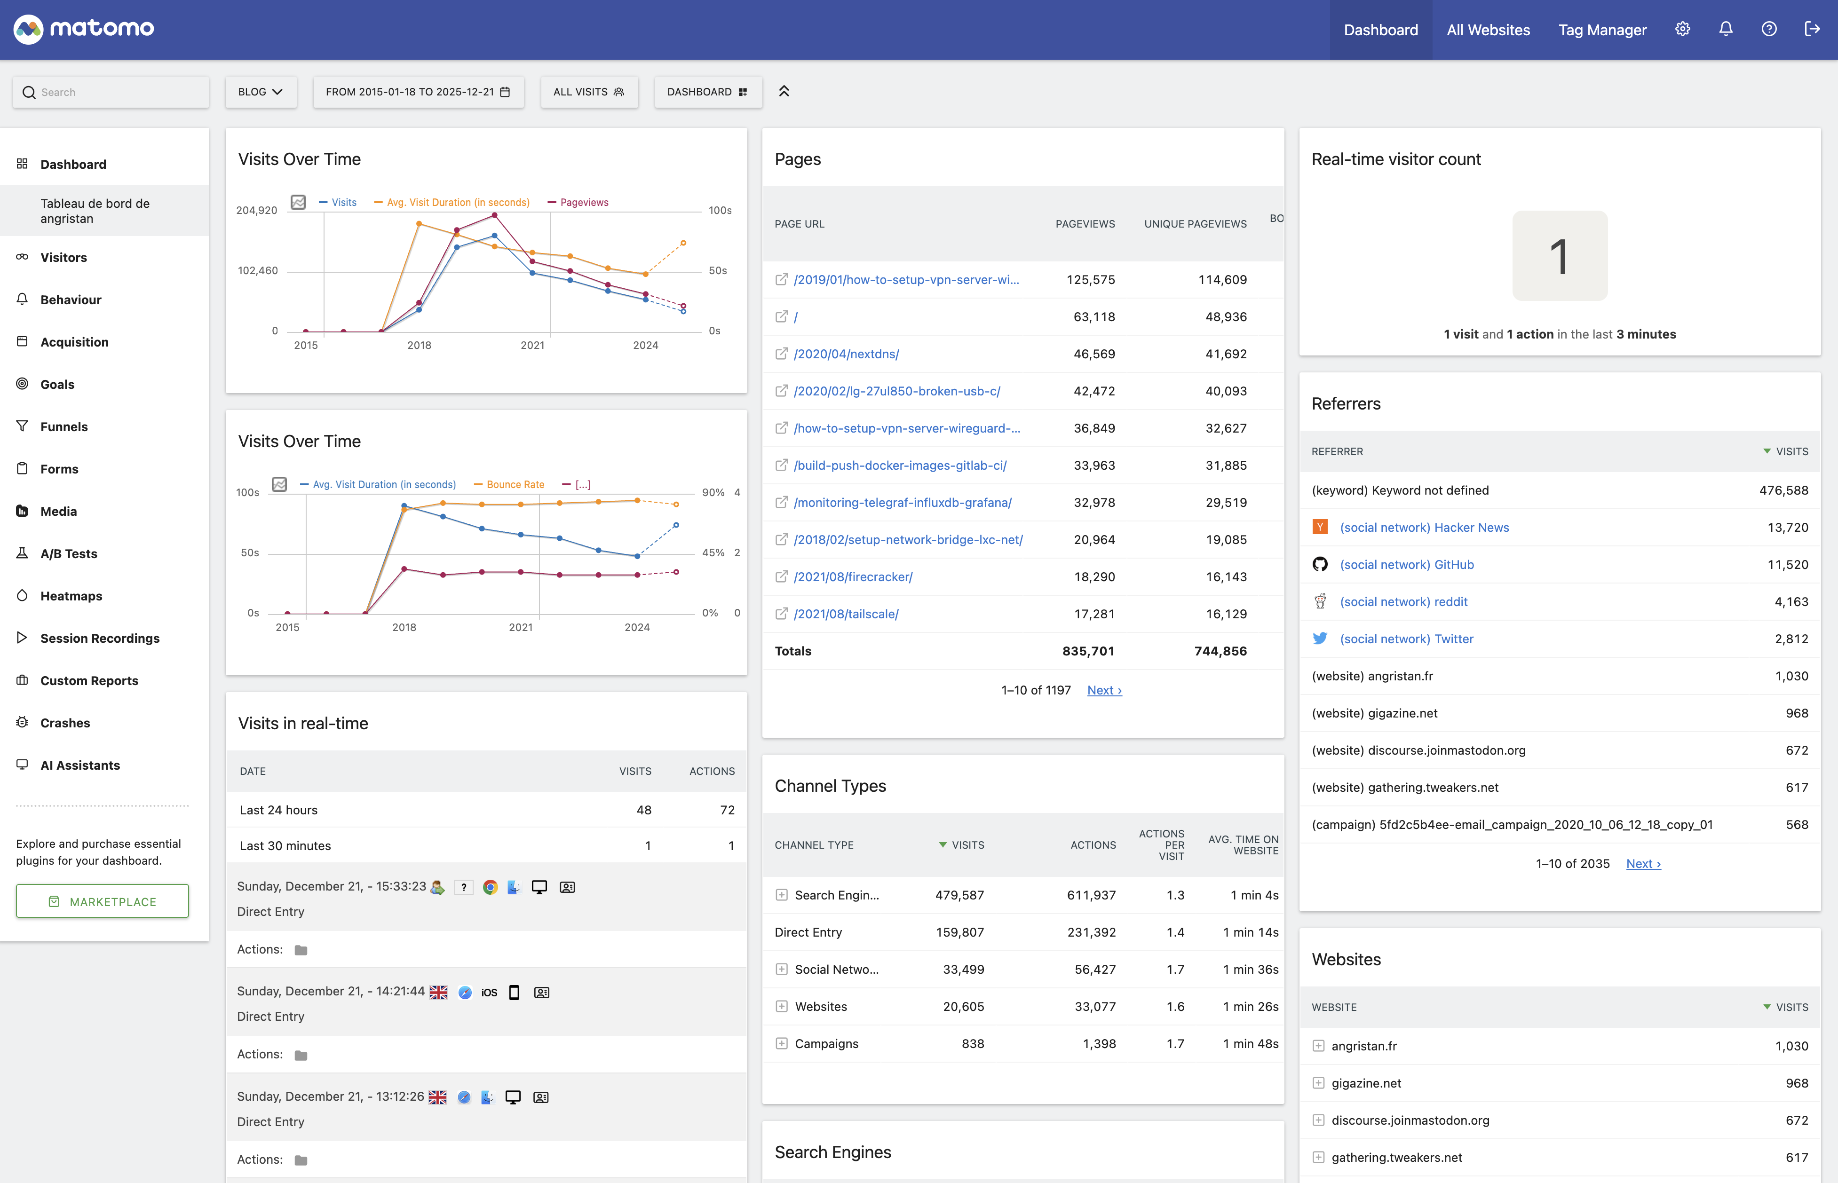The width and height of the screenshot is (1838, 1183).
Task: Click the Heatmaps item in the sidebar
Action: point(71,596)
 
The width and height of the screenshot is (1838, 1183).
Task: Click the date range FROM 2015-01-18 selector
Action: point(417,91)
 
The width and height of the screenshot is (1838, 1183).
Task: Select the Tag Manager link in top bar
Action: point(1602,30)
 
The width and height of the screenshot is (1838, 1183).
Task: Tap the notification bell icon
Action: point(1726,29)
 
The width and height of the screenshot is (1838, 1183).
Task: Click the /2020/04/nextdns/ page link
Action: point(846,354)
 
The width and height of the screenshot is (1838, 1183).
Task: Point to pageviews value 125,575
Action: point(1090,280)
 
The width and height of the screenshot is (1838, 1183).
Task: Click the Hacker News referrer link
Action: point(1424,528)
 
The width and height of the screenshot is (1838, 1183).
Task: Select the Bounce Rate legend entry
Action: point(515,485)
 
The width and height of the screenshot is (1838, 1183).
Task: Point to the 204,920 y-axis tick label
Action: point(257,211)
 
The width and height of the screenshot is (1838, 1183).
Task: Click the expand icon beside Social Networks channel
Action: point(782,970)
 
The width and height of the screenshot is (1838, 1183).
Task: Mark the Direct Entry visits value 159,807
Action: point(959,932)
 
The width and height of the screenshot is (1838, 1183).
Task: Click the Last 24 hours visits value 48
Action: point(644,811)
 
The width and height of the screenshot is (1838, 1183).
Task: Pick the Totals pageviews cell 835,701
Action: point(1088,651)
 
